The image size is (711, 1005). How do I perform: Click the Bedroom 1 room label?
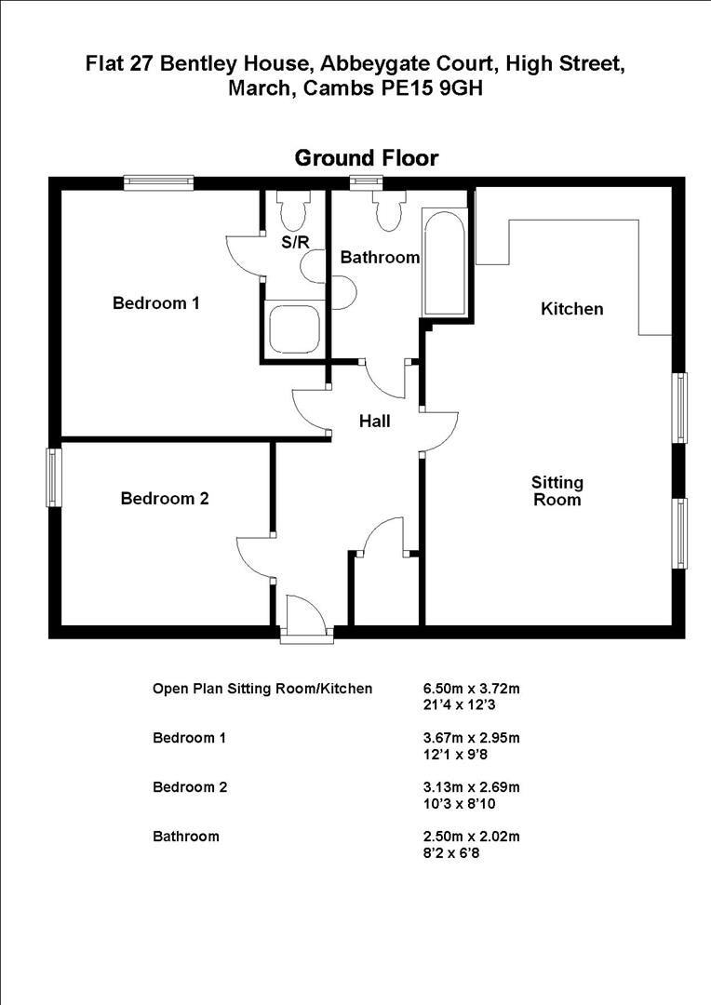(x=156, y=302)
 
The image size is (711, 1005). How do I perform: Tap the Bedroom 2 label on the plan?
(x=165, y=499)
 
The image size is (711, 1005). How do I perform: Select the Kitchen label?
(x=572, y=309)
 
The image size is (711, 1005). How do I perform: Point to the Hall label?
(x=375, y=422)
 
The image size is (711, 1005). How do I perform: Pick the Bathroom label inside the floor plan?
(x=380, y=258)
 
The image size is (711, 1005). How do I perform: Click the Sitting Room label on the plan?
(x=557, y=491)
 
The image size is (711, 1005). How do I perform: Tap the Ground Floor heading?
(x=366, y=158)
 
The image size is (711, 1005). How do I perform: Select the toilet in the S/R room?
(x=294, y=211)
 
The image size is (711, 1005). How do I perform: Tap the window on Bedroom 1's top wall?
(x=159, y=183)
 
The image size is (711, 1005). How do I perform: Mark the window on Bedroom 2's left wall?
(x=54, y=477)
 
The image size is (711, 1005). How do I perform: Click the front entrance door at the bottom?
(x=306, y=620)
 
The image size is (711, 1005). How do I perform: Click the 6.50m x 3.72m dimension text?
(x=471, y=689)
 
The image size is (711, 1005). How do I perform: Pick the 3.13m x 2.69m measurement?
(x=471, y=787)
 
